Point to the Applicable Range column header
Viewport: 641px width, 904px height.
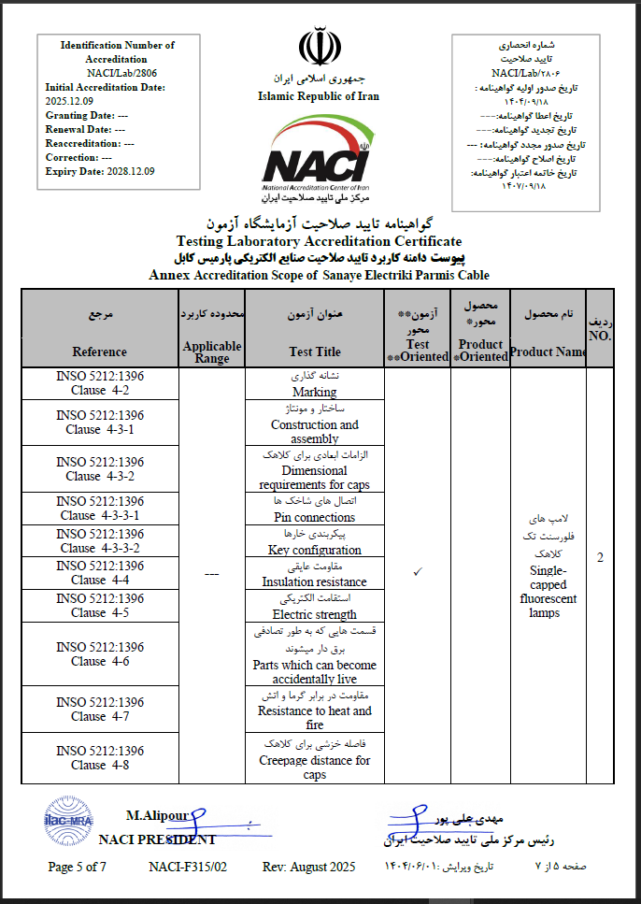coord(212,352)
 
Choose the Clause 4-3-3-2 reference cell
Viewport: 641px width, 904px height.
coord(100,541)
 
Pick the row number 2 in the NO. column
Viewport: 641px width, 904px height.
coord(600,558)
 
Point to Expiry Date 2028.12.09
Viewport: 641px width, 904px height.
coord(100,171)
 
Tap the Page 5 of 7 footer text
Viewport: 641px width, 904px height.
coord(78,867)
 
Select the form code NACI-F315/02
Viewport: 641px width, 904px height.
coord(188,867)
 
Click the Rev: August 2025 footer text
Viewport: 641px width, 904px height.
coord(308,867)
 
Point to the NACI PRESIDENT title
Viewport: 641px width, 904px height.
coord(157,839)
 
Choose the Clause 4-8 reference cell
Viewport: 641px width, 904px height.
coord(100,757)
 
